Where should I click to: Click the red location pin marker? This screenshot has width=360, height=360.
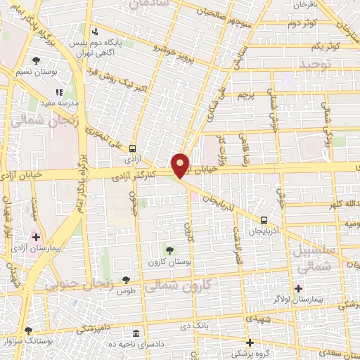pyautogui.click(x=181, y=165)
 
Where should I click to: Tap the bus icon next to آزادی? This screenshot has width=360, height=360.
pyautogui.click(x=132, y=148)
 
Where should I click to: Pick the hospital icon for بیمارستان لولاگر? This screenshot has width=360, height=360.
pyautogui.click(x=298, y=288)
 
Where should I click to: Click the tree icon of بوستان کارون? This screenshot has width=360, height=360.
pyautogui.click(x=169, y=250)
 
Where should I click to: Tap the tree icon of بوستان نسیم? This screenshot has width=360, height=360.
pyautogui.click(x=36, y=61)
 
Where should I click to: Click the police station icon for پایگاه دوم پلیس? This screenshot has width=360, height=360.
pyautogui.click(x=95, y=32)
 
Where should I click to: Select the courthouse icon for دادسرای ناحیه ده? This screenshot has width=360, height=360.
pyautogui.click(x=135, y=332)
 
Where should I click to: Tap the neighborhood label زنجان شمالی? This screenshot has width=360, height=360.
pyautogui.click(x=32, y=120)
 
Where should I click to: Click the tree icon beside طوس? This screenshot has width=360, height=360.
pyautogui.click(x=126, y=281)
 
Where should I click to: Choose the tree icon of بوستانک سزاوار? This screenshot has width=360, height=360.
pyautogui.click(x=28, y=330)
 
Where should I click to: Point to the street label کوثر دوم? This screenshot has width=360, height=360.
pyautogui.click(x=302, y=23)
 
